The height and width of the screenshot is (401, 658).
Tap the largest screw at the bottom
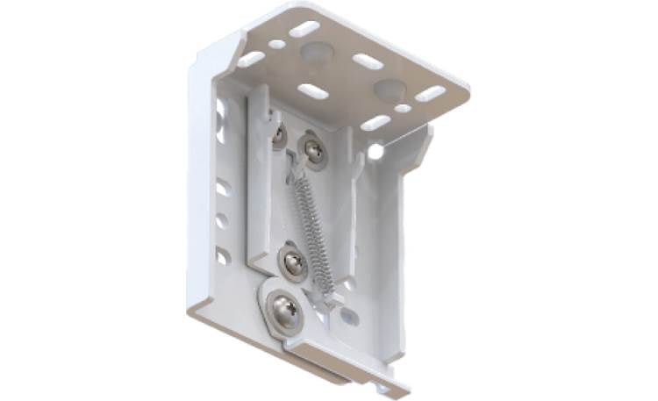[x=284, y=312]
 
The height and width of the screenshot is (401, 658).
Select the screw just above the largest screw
[x=292, y=262]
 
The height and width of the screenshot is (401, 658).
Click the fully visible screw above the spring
[x=314, y=150]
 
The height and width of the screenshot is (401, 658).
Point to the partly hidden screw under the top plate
[x=279, y=135]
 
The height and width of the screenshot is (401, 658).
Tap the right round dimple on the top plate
[x=390, y=90]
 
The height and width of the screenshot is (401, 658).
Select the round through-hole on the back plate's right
[x=375, y=152]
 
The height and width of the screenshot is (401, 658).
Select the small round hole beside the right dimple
[x=403, y=109]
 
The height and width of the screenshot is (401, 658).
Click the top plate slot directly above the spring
[x=312, y=91]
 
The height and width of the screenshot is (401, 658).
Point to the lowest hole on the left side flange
[x=223, y=256]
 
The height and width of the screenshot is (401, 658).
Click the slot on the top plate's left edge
[x=251, y=59]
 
